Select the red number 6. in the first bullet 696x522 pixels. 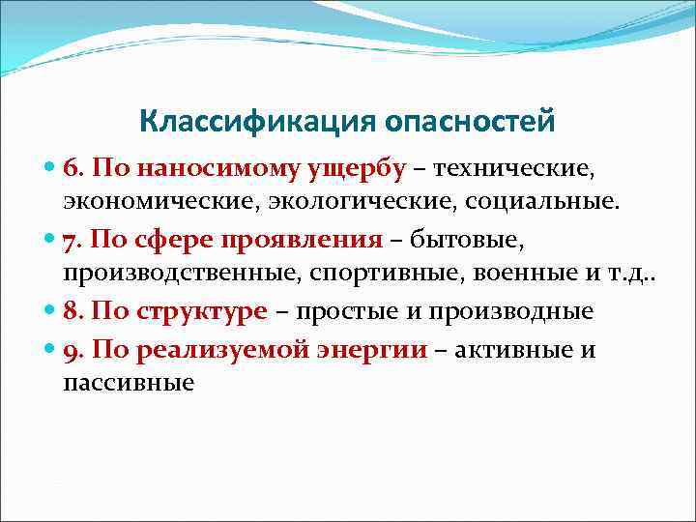(74, 169)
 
